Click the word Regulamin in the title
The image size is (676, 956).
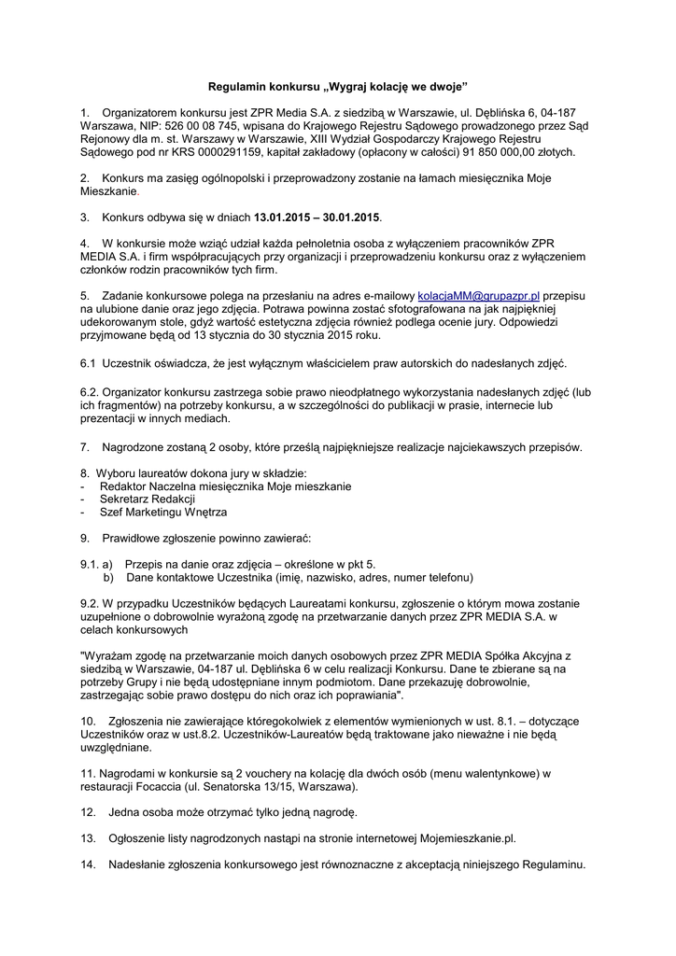(236, 85)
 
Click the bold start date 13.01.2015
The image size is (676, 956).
(282, 218)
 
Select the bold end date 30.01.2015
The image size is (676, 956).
(351, 218)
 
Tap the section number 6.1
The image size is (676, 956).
(89, 362)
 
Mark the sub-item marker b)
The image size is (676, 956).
(109, 577)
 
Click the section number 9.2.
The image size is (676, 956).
(90, 603)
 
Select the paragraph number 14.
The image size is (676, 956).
(88, 865)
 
